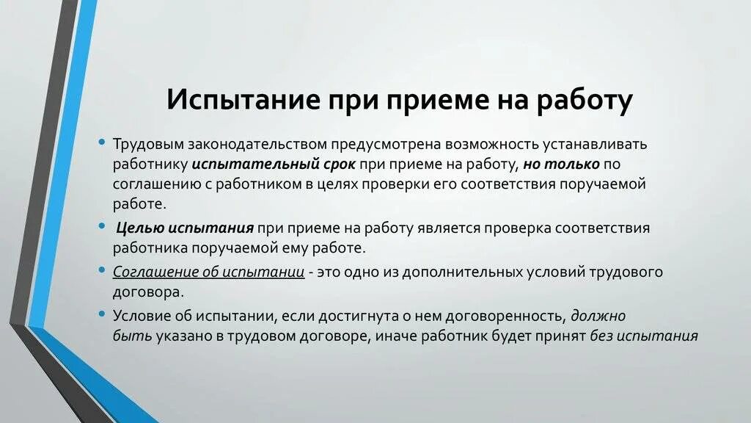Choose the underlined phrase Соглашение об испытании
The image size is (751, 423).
point(208,272)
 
